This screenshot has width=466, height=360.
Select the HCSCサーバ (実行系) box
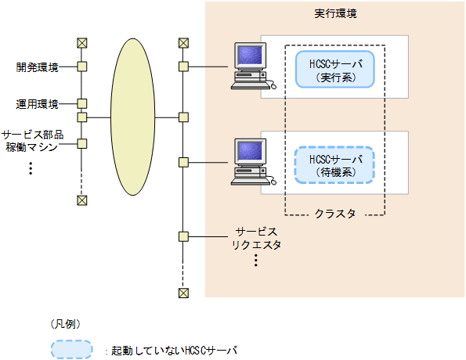tap(335, 70)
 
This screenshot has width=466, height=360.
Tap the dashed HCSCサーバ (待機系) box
tap(335, 165)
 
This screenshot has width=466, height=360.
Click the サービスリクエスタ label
tap(256, 239)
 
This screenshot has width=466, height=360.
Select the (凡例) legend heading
tap(66, 323)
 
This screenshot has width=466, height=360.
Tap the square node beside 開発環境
tap(81, 67)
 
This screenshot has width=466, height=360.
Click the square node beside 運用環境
tap(81, 103)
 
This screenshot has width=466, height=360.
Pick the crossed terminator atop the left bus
tap(81, 43)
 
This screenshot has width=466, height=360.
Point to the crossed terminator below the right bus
tap(183, 293)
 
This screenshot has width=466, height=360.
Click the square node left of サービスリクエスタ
tap(183, 236)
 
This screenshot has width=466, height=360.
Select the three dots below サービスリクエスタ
tap(256, 261)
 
